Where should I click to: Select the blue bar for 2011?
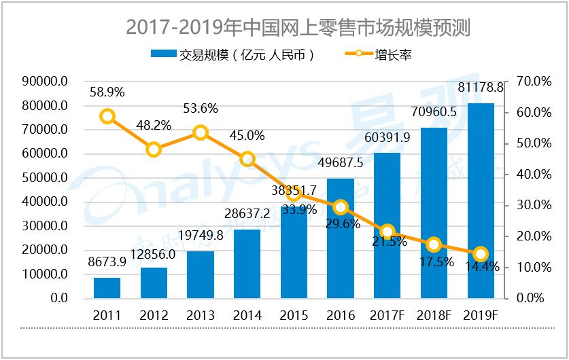107,288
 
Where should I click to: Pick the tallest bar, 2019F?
481,201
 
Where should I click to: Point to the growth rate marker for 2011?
107,116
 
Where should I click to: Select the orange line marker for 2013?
200,132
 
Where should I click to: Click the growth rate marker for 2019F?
481,254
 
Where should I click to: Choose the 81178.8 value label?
481,88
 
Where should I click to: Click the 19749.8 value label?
200,237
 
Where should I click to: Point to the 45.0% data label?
247,136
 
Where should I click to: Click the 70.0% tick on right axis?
534,82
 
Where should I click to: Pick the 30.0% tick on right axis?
534,205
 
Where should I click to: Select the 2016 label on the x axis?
341,316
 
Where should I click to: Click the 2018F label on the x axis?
434,316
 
